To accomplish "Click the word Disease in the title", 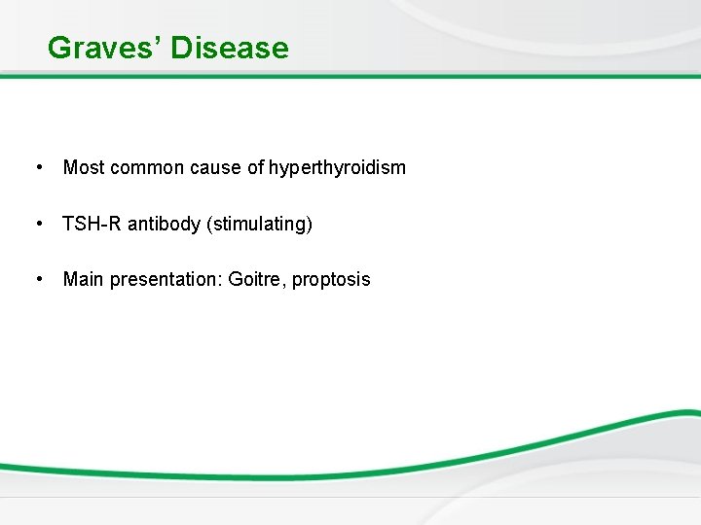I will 230,48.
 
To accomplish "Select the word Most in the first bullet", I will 84,168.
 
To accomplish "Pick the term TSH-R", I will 88,225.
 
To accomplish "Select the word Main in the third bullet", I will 84,280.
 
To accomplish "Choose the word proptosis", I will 332,280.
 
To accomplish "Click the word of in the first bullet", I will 255,168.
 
